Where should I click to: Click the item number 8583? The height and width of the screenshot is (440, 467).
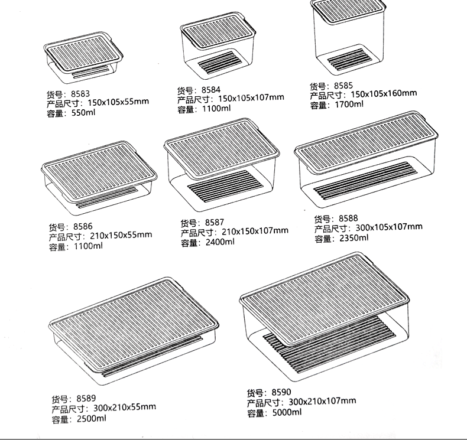pos(80,93)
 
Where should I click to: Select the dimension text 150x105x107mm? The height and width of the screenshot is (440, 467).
pos(251,98)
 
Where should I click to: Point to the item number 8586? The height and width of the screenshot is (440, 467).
pos(83,226)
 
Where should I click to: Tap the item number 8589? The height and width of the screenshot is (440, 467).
pos(86,398)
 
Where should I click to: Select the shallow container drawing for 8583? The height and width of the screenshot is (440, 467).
pos(83,59)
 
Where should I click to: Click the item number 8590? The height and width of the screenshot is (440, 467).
pos(281,392)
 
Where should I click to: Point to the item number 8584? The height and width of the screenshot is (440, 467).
pos(211,90)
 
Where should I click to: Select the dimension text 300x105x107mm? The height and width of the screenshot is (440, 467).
pos(389,227)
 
